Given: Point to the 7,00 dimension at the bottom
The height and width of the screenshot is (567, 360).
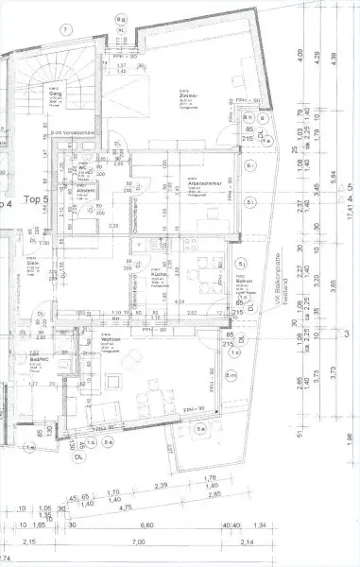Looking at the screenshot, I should tap(139, 541).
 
